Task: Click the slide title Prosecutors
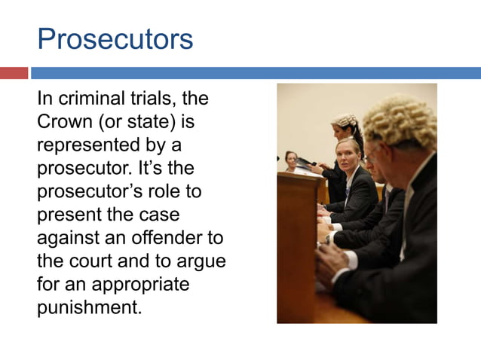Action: [x=115, y=39]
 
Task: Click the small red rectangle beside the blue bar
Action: [x=14, y=73]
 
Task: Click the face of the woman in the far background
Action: [x=291, y=159]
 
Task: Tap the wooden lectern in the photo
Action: [x=297, y=241]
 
